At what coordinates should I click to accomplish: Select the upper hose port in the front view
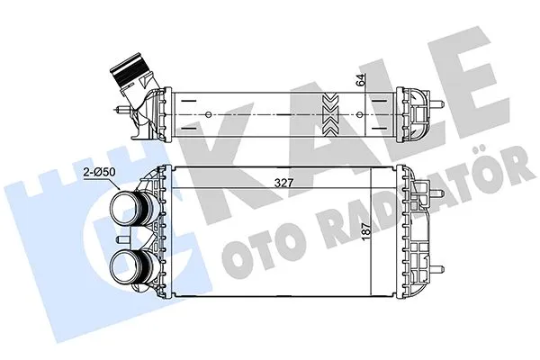(x=129, y=209)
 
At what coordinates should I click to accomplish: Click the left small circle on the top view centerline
(x=210, y=114)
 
